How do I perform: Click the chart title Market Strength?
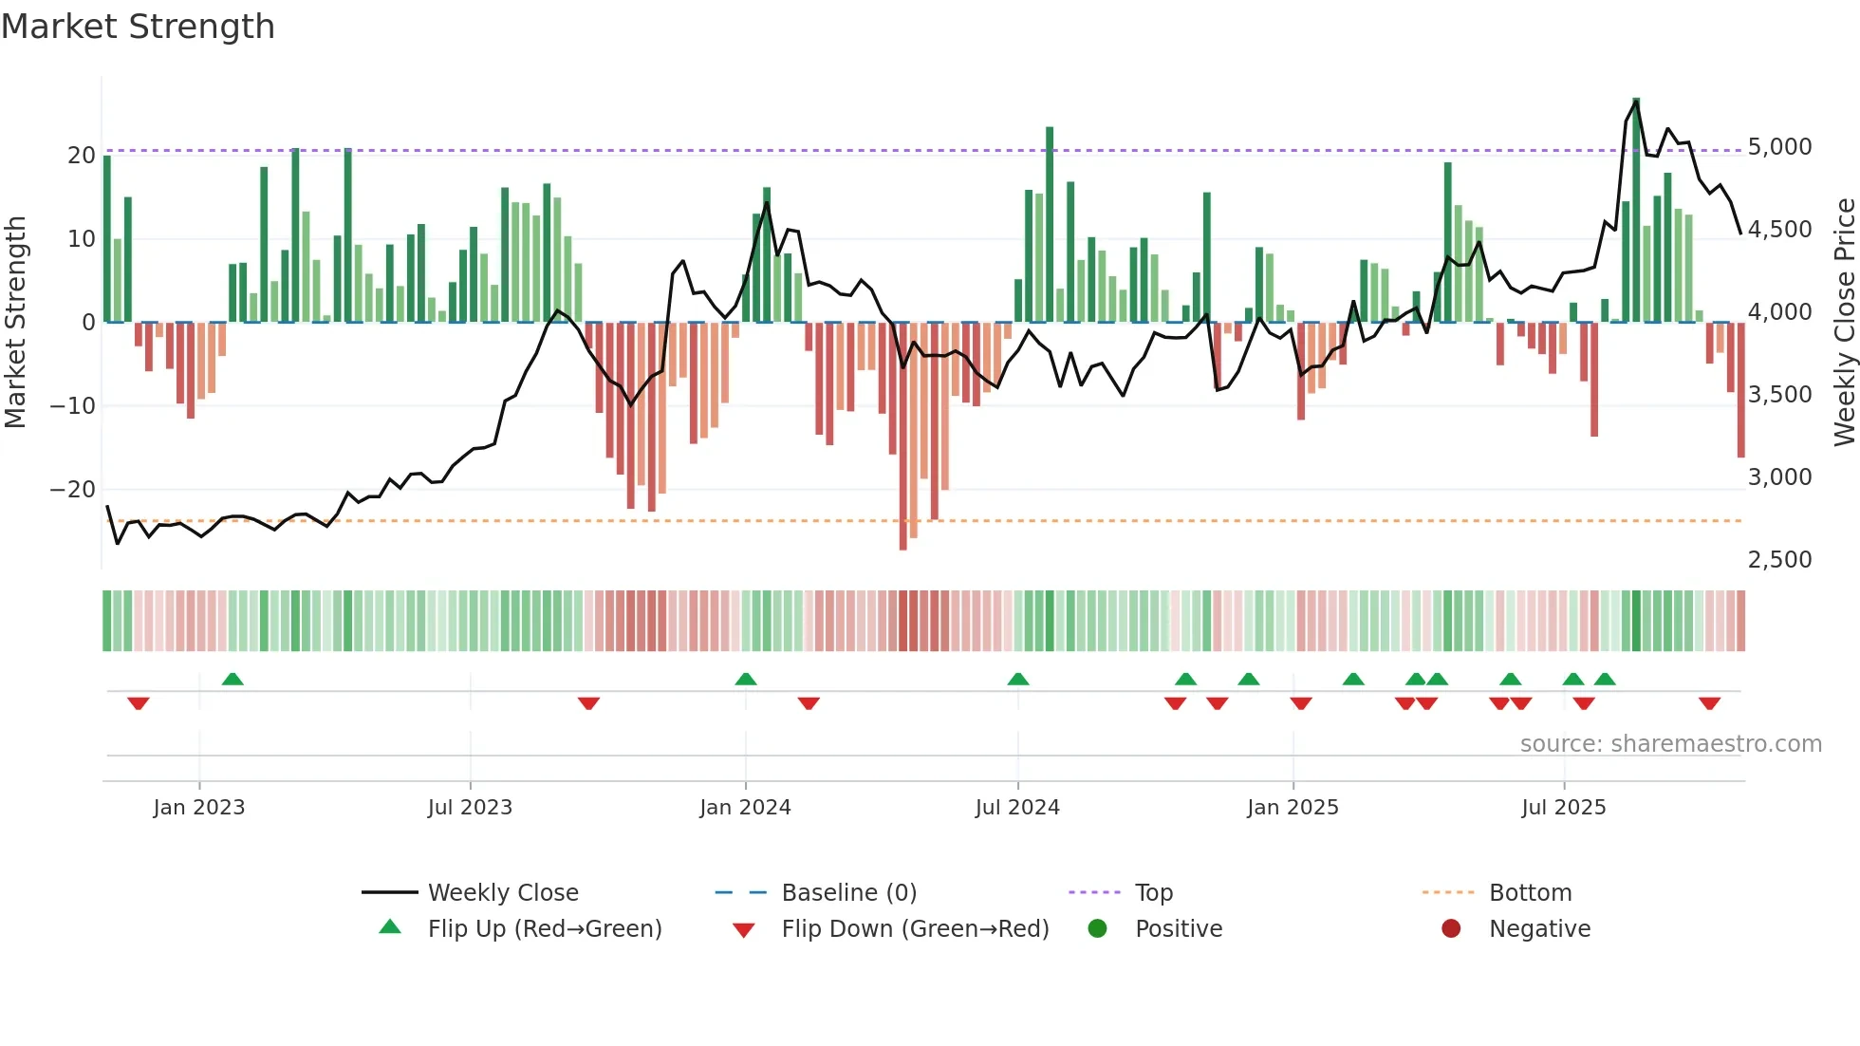click(x=138, y=27)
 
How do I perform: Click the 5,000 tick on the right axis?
click(x=1779, y=147)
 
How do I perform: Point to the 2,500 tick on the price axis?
click(x=1779, y=560)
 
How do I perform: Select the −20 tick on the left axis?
click(x=73, y=490)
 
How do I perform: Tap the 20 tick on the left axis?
click(x=82, y=156)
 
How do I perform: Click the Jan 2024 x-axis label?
click(x=745, y=808)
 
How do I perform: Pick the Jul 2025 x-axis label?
click(x=1563, y=808)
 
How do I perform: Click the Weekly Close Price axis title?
click(x=1844, y=323)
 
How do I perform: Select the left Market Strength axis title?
click(x=16, y=323)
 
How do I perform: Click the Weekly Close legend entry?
click(x=503, y=893)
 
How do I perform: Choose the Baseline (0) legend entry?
click(x=848, y=893)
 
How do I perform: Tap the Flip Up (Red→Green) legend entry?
click(x=544, y=929)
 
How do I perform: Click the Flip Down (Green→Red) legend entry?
click(x=915, y=929)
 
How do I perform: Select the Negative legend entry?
click(x=1539, y=929)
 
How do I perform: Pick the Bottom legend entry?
click(x=1530, y=893)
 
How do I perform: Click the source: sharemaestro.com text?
click(x=1670, y=744)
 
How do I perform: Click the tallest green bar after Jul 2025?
click(x=1636, y=209)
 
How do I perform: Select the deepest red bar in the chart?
click(x=902, y=437)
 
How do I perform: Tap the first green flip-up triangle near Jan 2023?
click(x=232, y=679)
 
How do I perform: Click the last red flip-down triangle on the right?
click(x=1709, y=703)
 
